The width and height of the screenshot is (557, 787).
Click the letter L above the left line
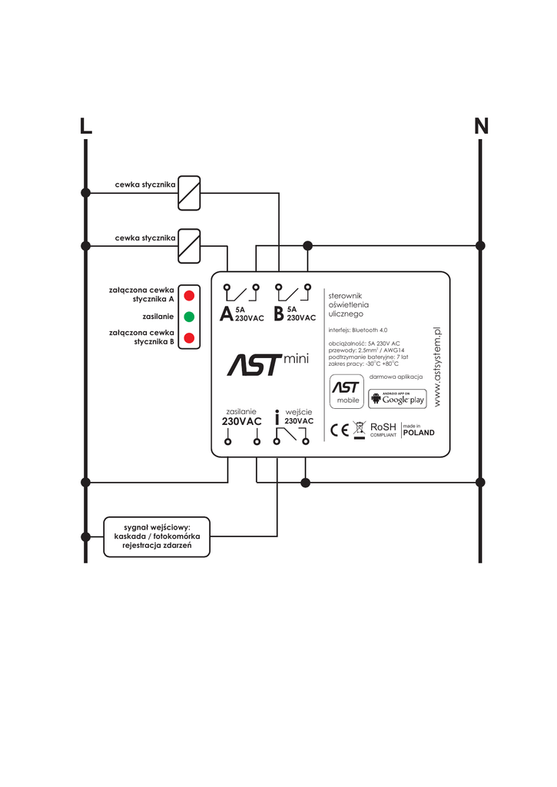(86, 126)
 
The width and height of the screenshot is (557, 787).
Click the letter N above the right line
(481, 126)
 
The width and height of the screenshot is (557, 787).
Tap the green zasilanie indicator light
(189, 317)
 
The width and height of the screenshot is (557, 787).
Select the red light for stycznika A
(189, 295)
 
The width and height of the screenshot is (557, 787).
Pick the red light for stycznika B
(189, 338)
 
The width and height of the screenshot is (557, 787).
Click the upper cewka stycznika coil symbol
(189, 193)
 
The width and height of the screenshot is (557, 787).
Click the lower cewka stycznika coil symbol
(189, 246)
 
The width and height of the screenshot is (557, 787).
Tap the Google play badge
(397, 399)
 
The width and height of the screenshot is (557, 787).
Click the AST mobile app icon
(346, 391)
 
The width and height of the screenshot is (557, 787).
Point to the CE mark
(340, 430)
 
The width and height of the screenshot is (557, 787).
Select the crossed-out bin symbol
(360, 430)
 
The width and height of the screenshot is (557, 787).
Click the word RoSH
(383, 427)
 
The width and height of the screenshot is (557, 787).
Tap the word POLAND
(419, 433)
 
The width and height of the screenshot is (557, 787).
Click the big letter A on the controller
(227, 314)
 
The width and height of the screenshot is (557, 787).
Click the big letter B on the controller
(278, 314)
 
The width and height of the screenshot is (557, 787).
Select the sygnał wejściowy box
(157, 536)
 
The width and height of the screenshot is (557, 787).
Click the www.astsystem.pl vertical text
(437, 367)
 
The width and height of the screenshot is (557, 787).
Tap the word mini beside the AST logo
(296, 359)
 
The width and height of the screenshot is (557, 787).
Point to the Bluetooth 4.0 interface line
(358, 330)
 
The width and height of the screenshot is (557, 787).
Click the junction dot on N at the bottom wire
(480, 483)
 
